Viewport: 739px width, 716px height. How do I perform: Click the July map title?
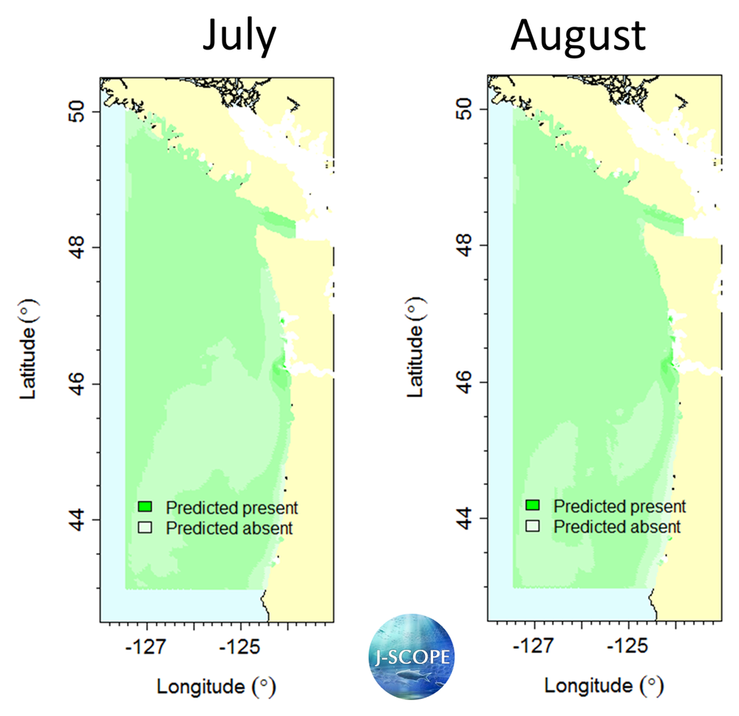click(239, 35)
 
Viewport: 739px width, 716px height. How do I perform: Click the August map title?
click(579, 35)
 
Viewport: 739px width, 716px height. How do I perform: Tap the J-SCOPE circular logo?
click(412, 655)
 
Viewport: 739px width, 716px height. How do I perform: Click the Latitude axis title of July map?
click(30, 348)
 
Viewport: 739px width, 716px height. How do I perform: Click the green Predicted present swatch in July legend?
click(145, 507)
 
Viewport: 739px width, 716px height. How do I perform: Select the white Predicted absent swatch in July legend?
click(145, 527)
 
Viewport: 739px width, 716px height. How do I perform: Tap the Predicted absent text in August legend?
click(617, 527)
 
